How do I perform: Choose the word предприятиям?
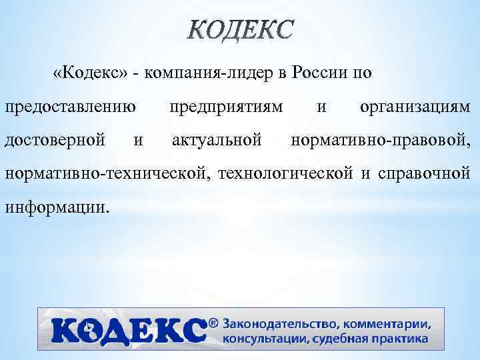click(226, 107)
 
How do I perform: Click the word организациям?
click(415, 107)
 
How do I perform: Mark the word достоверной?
click(55, 141)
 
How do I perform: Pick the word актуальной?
click(215, 141)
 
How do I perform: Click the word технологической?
click(289, 174)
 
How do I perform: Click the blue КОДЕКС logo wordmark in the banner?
click(127, 331)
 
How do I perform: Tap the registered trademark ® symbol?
click(213, 323)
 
